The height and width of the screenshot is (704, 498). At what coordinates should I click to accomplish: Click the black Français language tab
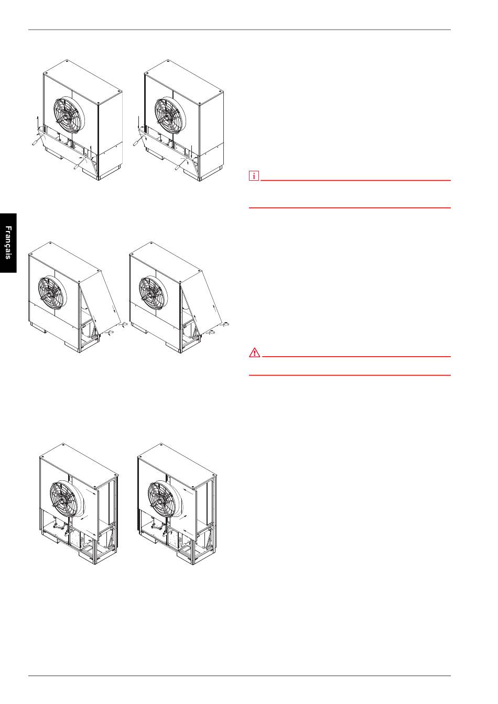(8, 243)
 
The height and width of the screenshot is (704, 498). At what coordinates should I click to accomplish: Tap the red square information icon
(254, 175)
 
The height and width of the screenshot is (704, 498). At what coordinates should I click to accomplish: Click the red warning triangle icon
(254, 353)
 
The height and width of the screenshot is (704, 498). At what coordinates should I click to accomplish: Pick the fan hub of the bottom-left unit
(62, 499)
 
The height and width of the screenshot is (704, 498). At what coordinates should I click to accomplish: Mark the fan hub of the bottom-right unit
(160, 499)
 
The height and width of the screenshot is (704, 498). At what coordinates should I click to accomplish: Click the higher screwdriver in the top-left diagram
(37, 140)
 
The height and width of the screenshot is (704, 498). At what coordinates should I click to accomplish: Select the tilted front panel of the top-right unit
(170, 154)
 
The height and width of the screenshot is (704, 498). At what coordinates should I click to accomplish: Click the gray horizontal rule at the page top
(240, 30)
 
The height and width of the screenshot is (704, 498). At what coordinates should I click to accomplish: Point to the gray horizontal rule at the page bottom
(240, 675)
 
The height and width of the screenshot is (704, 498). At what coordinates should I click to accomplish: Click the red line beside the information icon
(355, 180)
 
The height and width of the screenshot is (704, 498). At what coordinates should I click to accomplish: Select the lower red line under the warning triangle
(350, 375)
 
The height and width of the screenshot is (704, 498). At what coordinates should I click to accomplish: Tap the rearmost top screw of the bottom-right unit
(161, 445)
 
